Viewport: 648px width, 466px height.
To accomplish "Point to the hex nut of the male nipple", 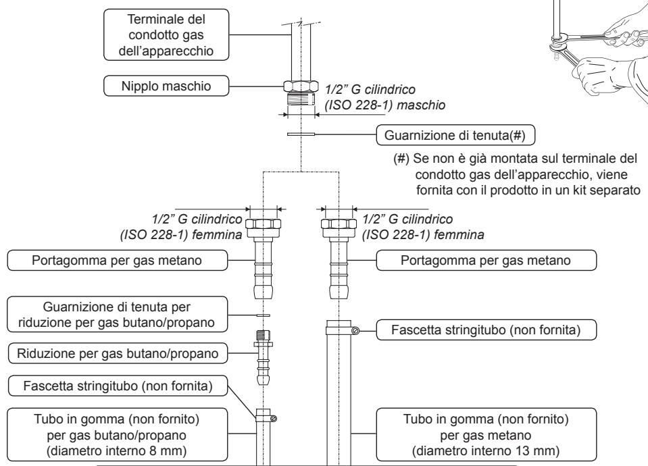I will click(299, 86).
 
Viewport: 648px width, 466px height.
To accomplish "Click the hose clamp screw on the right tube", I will click(355, 330).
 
